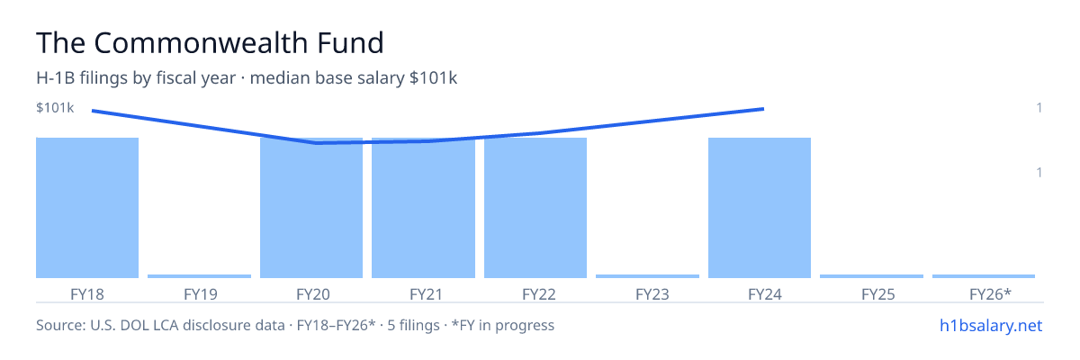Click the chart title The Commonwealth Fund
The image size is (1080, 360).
click(210, 42)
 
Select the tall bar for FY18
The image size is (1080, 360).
click(87, 208)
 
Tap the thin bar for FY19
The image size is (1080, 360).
click(199, 276)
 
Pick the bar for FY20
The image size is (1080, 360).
click(311, 208)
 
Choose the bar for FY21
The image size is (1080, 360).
click(423, 208)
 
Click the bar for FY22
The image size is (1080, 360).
click(535, 208)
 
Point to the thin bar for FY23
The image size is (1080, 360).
click(647, 276)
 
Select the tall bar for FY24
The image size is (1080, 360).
click(760, 208)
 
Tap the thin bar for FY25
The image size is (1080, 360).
click(872, 276)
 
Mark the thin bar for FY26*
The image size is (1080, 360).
click(984, 276)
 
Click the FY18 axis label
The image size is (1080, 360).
click(87, 294)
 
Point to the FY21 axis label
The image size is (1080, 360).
click(427, 294)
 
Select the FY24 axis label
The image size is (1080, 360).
click(765, 294)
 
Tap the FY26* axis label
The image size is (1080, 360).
click(990, 294)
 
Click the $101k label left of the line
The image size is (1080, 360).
click(55, 107)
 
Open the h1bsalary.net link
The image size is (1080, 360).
click(991, 325)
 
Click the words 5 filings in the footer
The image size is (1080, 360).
click(414, 325)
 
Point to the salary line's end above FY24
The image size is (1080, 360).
click(764, 109)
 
